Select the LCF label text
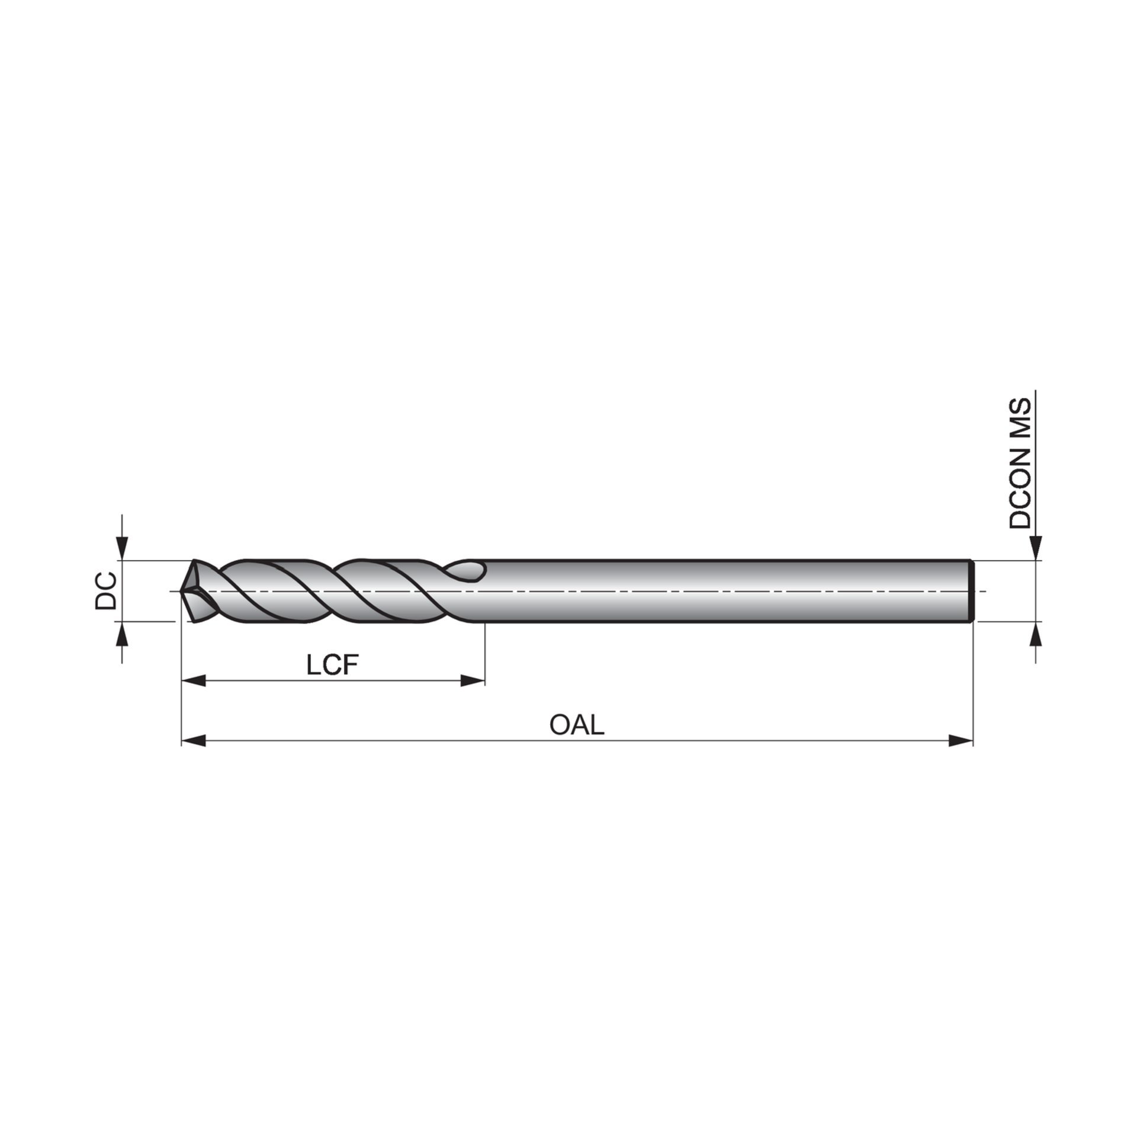[333, 666]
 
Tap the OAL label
[577, 725]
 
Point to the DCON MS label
[1020, 464]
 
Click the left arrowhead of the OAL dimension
[193, 740]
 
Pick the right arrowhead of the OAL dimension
[961, 740]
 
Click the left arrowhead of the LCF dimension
[193, 681]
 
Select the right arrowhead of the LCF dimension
[473, 681]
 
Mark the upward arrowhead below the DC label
[122, 634]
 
